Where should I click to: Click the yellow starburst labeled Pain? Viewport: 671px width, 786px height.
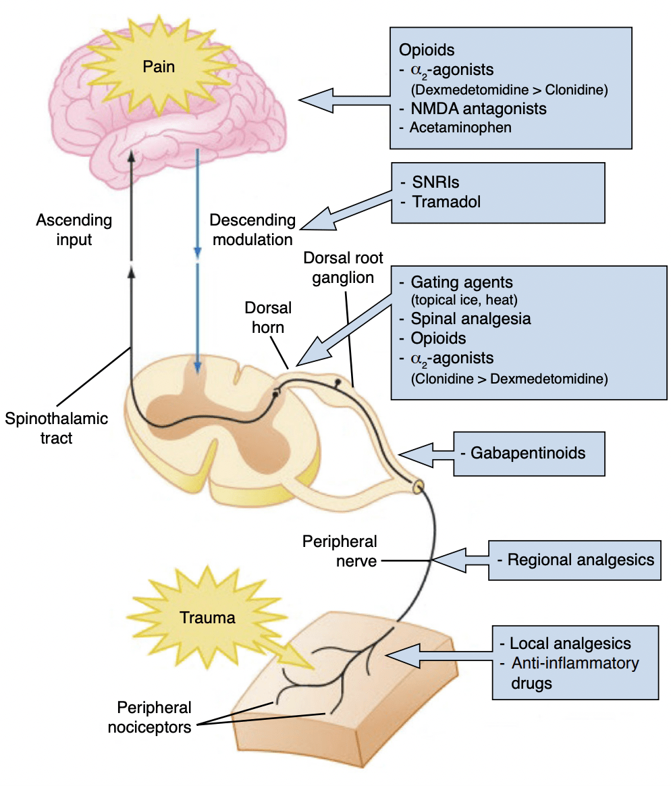[158, 66]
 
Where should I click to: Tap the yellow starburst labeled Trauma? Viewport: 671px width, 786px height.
[207, 617]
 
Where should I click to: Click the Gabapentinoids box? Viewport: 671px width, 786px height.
[529, 453]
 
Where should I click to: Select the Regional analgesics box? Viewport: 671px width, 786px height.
[574, 559]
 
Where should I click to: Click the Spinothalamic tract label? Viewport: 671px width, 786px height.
[56, 428]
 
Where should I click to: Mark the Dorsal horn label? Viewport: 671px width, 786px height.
[268, 317]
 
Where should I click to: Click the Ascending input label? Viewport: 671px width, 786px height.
[74, 230]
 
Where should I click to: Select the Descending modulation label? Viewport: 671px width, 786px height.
[252, 230]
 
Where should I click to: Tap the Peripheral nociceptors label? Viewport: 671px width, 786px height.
[154, 717]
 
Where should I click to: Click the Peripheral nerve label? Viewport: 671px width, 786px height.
[339, 550]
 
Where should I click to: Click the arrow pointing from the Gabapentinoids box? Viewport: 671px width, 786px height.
[425, 454]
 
